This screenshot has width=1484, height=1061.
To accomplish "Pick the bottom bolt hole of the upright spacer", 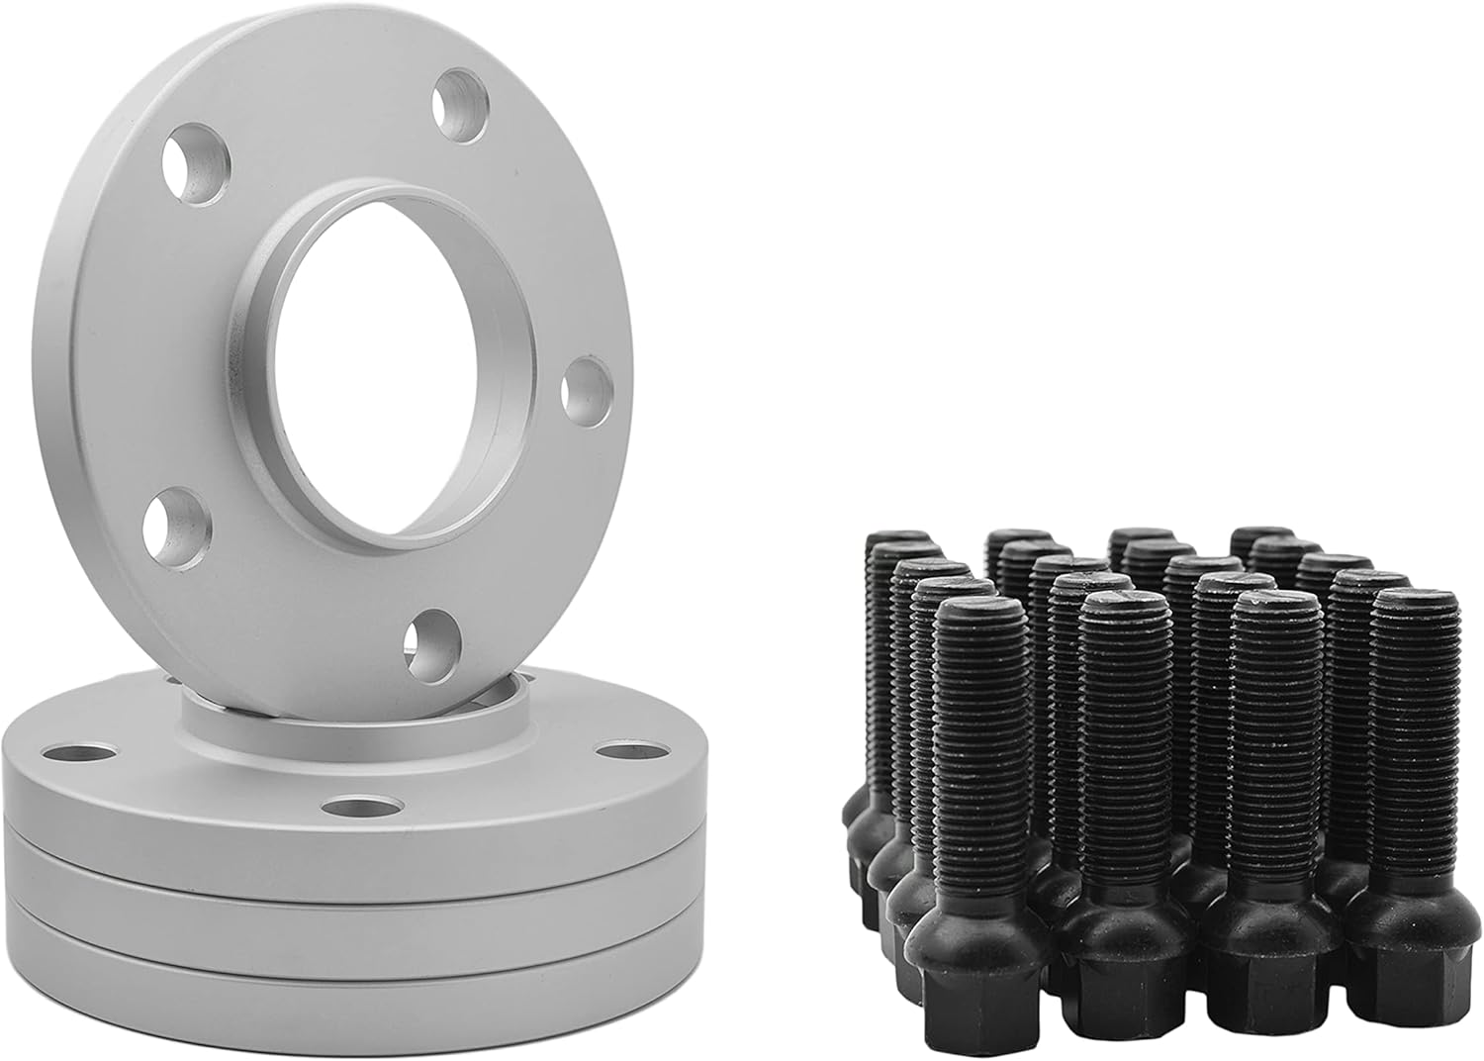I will pyautogui.click(x=433, y=643).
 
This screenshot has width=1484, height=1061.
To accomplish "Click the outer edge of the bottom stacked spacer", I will pyautogui.click(x=297, y=990).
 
